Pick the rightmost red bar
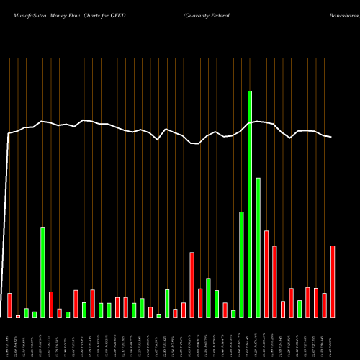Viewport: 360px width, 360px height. click(x=333, y=282)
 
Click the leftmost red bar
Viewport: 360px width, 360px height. click(x=9, y=305)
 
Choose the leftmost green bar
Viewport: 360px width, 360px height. click(x=26, y=312)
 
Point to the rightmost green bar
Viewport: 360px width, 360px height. click(x=300, y=309)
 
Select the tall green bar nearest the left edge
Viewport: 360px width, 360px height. click(x=42, y=272)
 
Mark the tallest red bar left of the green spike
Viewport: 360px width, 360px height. click(x=192, y=284)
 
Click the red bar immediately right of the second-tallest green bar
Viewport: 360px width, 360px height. click(x=266, y=274)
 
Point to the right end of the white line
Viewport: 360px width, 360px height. click(x=332, y=137)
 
